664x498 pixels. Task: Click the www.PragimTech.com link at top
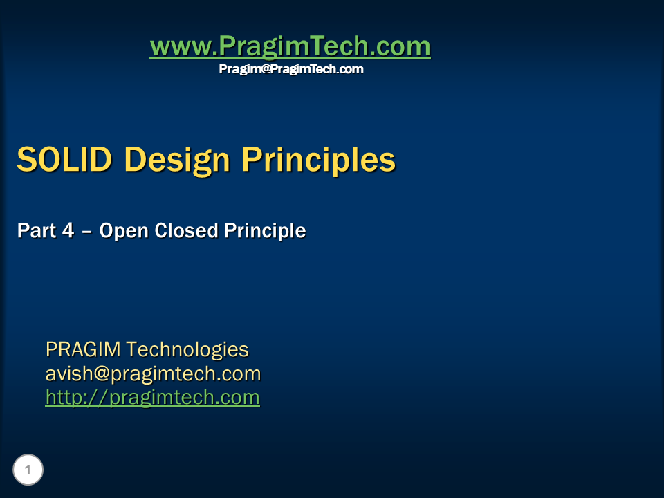click(290, 47)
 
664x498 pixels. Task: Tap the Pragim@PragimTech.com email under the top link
click(291, 69)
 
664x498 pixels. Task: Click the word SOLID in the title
click(64, 160)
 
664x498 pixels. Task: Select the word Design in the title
click(176, 160)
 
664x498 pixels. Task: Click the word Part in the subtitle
click(36, 231)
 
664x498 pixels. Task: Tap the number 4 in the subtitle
click(68, 231)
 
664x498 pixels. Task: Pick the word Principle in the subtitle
click(264, 231)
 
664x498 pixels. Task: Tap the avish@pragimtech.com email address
click(153, 374)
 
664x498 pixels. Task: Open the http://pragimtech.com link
click(153, 398)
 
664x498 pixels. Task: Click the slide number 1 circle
click(28, 470)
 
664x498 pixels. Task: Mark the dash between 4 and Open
click(87, 232)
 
